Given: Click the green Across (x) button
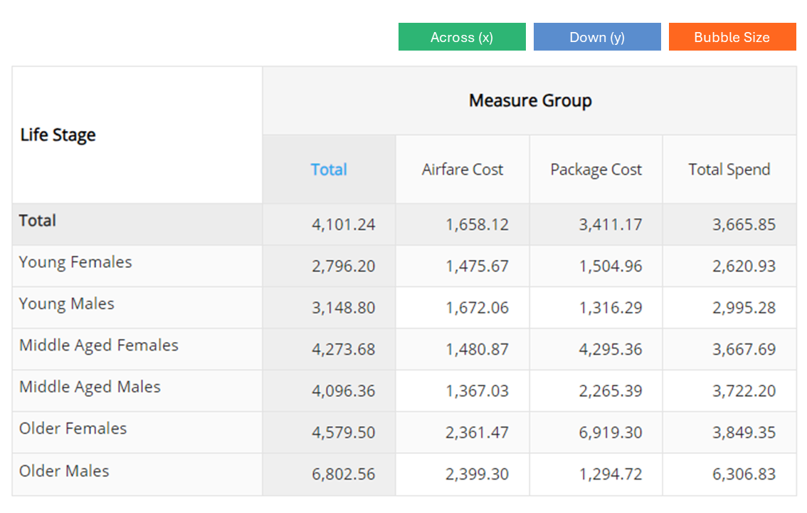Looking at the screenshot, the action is pyautogui.click(x=462, y=36).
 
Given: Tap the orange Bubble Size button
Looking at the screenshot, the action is pyautogui.click(x=732, y=36).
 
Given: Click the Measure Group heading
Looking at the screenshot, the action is pyautogui.click(x=530, y=100).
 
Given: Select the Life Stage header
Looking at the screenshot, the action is pyautogui.click(x=58, y=135).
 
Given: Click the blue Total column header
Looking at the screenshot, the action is pyautogui.click(x=329, y=170).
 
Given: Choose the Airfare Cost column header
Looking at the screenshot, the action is pyautogui.click(x=462, y=170).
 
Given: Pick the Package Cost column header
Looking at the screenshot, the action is pyautogui.click(x=596, y=170).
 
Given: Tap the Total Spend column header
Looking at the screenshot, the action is pyautogui.click(x=729, y=170).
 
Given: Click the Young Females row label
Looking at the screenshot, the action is pyautogui.click(x=75, y=262).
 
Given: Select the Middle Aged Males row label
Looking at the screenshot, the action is pyautogui.click(x=90, y=387).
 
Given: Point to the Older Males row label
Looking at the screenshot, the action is pyautogui.click(x=64, y=471).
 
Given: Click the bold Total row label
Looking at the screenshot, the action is pyautogui.click(x=37, y=220).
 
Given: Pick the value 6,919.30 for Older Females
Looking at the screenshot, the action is pyautogui.click(x=611, y=432).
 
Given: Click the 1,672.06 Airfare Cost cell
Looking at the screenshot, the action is pyautogui.click(x=477, y=308).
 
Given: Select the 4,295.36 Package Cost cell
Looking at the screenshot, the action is pyautogui.click(x=611, y=349).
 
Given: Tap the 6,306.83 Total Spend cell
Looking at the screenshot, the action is pyautogui.click(x=744, y=474).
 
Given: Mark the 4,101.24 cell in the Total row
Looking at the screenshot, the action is pyautogui.click(x=343, y=224).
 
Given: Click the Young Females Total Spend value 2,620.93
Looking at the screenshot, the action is pyautogui.click(x=744, y=266).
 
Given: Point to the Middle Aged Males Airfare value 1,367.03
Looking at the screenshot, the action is pyautogui.click(x=477, y=390).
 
